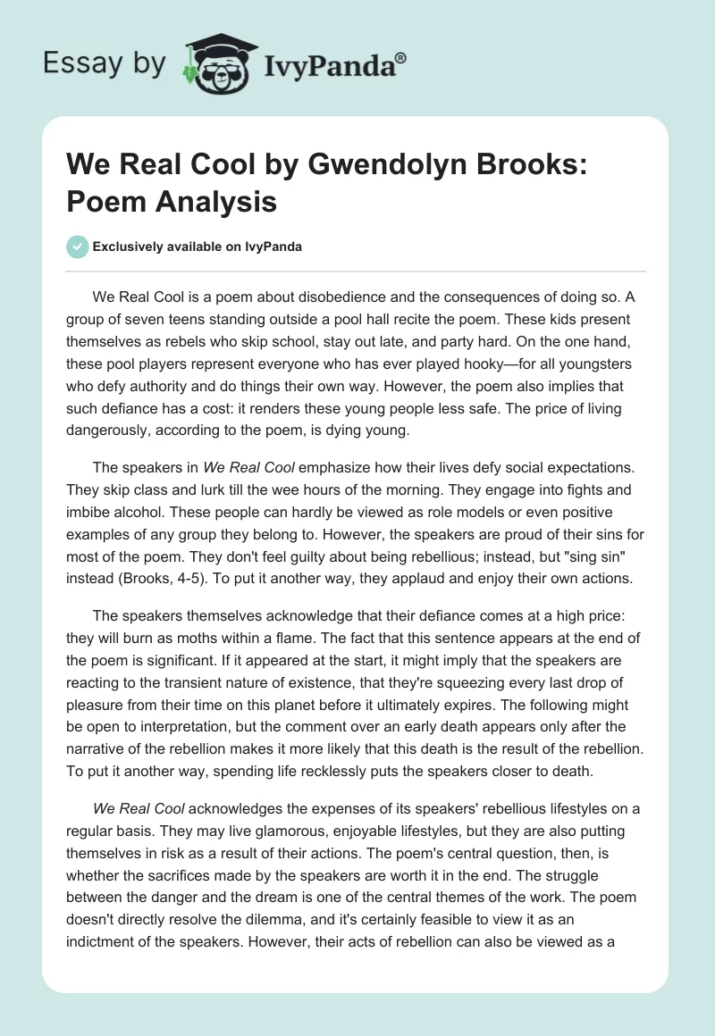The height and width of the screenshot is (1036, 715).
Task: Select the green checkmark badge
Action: (77, 246)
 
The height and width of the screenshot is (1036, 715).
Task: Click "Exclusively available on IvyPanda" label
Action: (197, 246)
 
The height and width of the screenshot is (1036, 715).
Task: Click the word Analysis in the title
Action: (216, 203)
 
